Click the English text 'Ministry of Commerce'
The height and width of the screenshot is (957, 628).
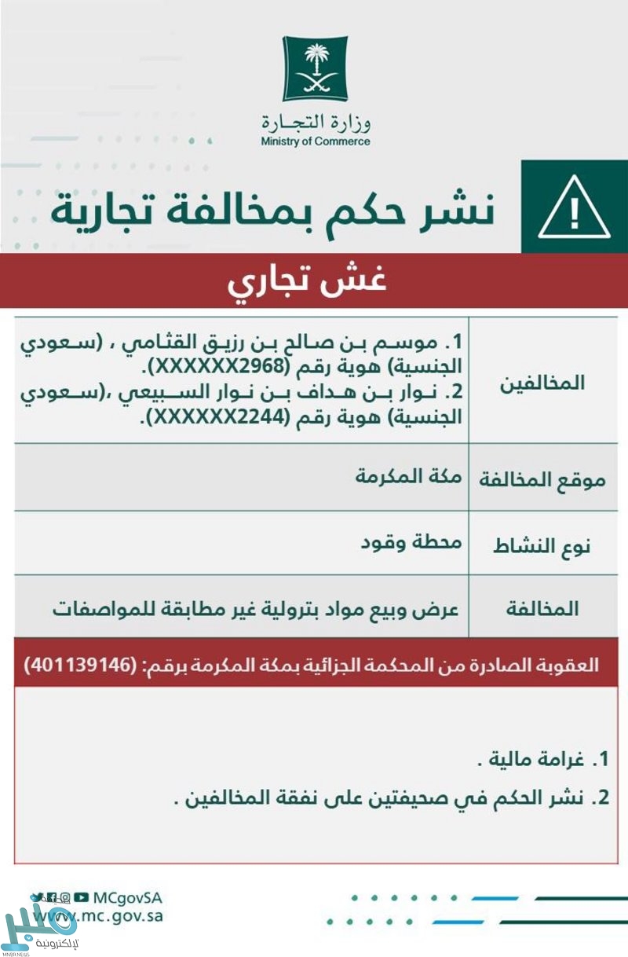tap(315, 142)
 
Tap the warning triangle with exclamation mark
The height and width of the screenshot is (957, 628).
tap(575, 208)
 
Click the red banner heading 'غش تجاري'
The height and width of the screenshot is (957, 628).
tap(307, 281)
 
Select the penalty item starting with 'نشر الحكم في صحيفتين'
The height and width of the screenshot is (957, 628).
tap(385, 798)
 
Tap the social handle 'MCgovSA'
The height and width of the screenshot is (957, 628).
tap(127, 897)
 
